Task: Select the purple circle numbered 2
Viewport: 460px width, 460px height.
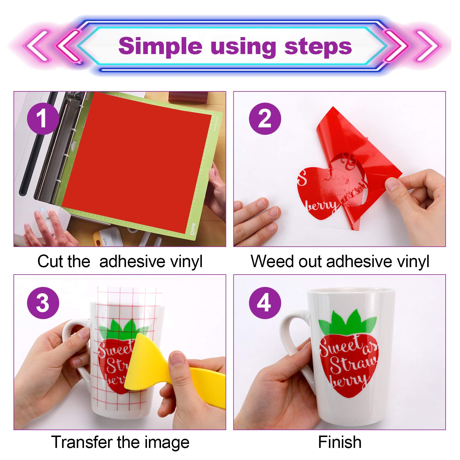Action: click(265, 119)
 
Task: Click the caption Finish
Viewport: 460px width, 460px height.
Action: click(340, 442)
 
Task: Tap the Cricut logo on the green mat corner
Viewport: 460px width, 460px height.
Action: click(193, 229)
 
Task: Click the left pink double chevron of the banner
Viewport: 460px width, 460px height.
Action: click(55, 46)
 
